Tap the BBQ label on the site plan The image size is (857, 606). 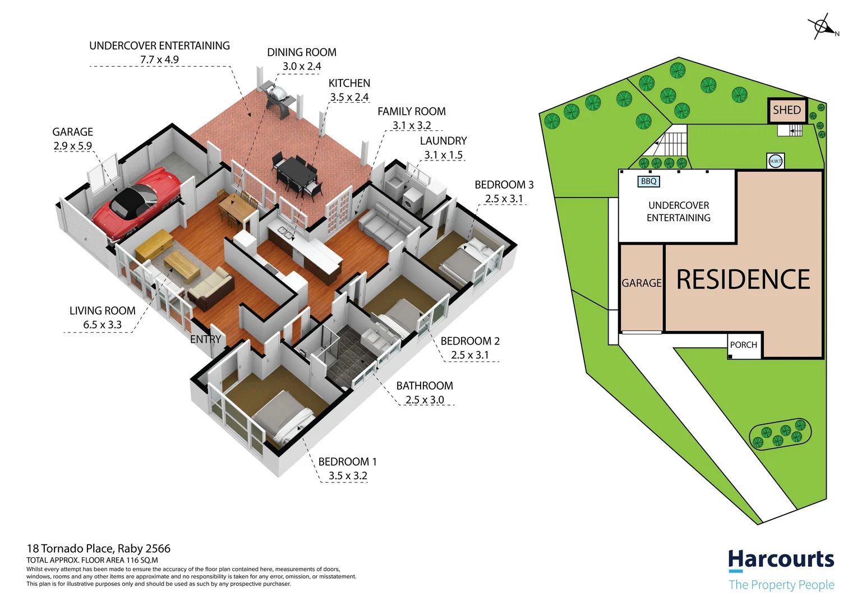point(648,181)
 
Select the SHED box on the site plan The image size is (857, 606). point(786,111)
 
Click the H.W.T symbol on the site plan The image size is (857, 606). point(775,161)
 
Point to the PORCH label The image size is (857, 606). point(743,345)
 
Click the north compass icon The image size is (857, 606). point(822,27)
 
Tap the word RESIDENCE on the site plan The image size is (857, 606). point(743,279)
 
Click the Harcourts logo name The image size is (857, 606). point(781,559)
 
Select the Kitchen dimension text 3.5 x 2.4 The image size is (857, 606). point(349,97)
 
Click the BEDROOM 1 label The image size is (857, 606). point(347,461)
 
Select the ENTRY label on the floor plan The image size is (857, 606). point(205,339)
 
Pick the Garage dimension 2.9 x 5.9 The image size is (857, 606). point(72,146)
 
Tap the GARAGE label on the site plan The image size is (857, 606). point(641,283)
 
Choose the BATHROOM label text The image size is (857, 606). point(424,385)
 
